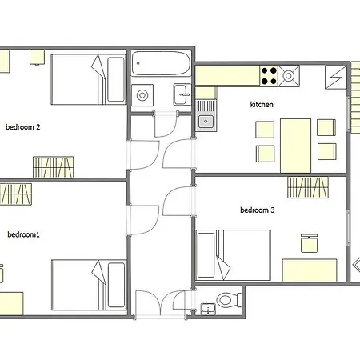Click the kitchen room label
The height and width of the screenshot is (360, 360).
click(262, 104)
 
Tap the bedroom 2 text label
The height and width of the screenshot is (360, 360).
click(23, 127)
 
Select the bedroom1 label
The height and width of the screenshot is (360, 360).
click(23, 234)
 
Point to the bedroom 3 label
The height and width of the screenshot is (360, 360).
click(258, 210)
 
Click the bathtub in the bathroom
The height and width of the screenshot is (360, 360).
click(162, 63)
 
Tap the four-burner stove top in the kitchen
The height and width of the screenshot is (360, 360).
click(269, 76)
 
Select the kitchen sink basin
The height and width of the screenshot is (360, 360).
click(206, 122)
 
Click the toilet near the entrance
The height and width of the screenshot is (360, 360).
click(229, 300)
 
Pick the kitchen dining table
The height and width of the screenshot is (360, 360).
click(295, 146)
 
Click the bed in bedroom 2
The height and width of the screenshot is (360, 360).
click(88, 79)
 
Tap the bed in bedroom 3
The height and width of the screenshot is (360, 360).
click(234, 255)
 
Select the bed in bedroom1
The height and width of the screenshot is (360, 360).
click(89, 285)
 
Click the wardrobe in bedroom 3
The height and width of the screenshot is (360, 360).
click(308, 187)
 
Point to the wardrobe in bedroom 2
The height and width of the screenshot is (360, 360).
click(54, 167)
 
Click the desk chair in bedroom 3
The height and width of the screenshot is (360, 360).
click(310, 243)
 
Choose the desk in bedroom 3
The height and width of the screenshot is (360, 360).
click(310, 270)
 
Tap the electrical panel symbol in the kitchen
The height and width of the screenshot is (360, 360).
click(336, 77)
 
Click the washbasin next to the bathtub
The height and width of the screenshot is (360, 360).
click(182, 94)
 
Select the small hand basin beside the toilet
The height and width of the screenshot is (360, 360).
click(208, 309)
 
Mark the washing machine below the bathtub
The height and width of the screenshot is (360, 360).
click(142, 95)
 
